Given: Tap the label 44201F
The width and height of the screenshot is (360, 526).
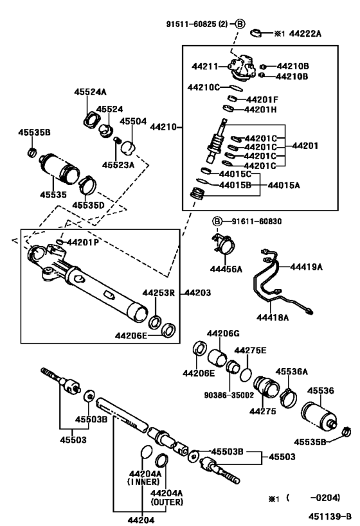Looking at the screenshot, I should coord(263,99).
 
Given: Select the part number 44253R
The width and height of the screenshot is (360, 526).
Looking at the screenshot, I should coord(159,293).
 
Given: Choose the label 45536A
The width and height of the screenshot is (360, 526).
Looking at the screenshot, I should coord(292,371).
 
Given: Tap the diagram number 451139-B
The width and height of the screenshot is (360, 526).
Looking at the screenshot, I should coord(330,516).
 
